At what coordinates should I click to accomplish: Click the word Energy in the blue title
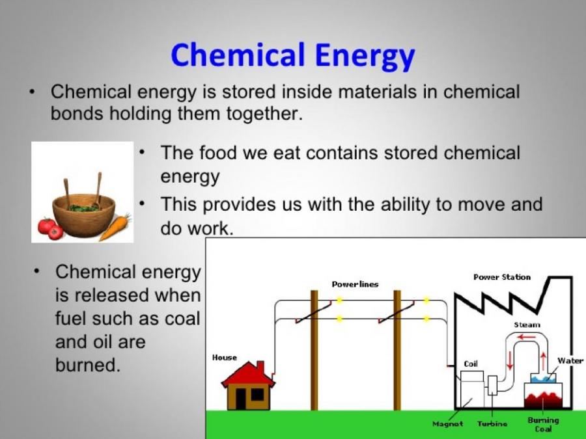(x=365, y=56)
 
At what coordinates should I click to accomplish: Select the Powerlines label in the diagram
(x=355, y=284)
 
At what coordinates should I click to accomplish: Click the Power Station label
(x=502, y=277)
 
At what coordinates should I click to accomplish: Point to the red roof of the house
(x=249, y=375)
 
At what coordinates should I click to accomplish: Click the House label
(x=224, y=358)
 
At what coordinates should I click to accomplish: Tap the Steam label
(x=527, y=325)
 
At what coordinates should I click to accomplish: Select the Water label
(x=570, y=360)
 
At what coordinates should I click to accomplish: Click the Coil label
(x=471, y=364)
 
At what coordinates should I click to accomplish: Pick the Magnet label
(x=447, y=423)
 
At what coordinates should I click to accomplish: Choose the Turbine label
(x=492, y=423)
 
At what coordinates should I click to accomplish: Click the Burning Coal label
(x=543, y=425)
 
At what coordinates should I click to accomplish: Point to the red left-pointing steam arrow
(x=527, y=338)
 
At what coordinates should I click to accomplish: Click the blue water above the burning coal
(x=543, y=379)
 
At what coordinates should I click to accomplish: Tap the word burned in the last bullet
(x=88, y=365)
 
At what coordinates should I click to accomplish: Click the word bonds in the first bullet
(x=77, y=113)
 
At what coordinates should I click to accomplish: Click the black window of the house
(x=257, y=395)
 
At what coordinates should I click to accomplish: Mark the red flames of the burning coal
(x=543, y=400)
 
